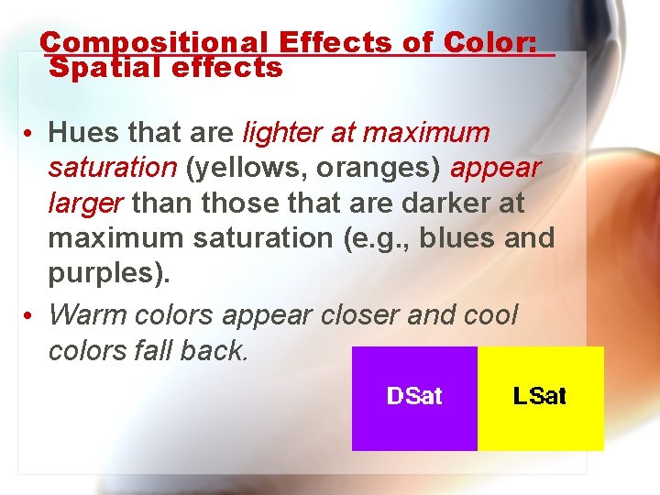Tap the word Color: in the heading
[x=489, y=43]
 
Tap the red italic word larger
[x=87, y=203]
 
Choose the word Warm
[x=88, y=314]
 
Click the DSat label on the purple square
[x=414, y=396]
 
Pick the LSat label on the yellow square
[x=540, y=396]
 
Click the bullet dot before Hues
[x=31, y=135]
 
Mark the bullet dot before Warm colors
[x=31, y=316]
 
